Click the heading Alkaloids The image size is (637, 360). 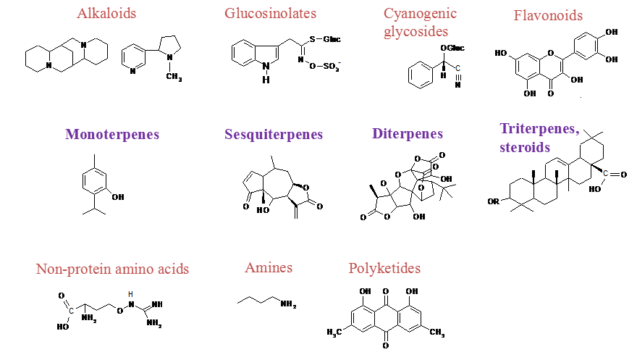(106, 13)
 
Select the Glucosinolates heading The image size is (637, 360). (270, 13)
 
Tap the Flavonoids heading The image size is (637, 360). (548, 15)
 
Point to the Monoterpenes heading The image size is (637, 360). (112, 134)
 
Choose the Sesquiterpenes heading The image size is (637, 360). (274, 135)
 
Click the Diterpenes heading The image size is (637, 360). (408, 134)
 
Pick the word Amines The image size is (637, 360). (269, 268)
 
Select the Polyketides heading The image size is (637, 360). (384, 269)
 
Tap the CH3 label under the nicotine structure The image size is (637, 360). (174, 77)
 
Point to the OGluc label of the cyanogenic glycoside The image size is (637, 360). (452, 48)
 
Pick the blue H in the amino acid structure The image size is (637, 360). (131, 294)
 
